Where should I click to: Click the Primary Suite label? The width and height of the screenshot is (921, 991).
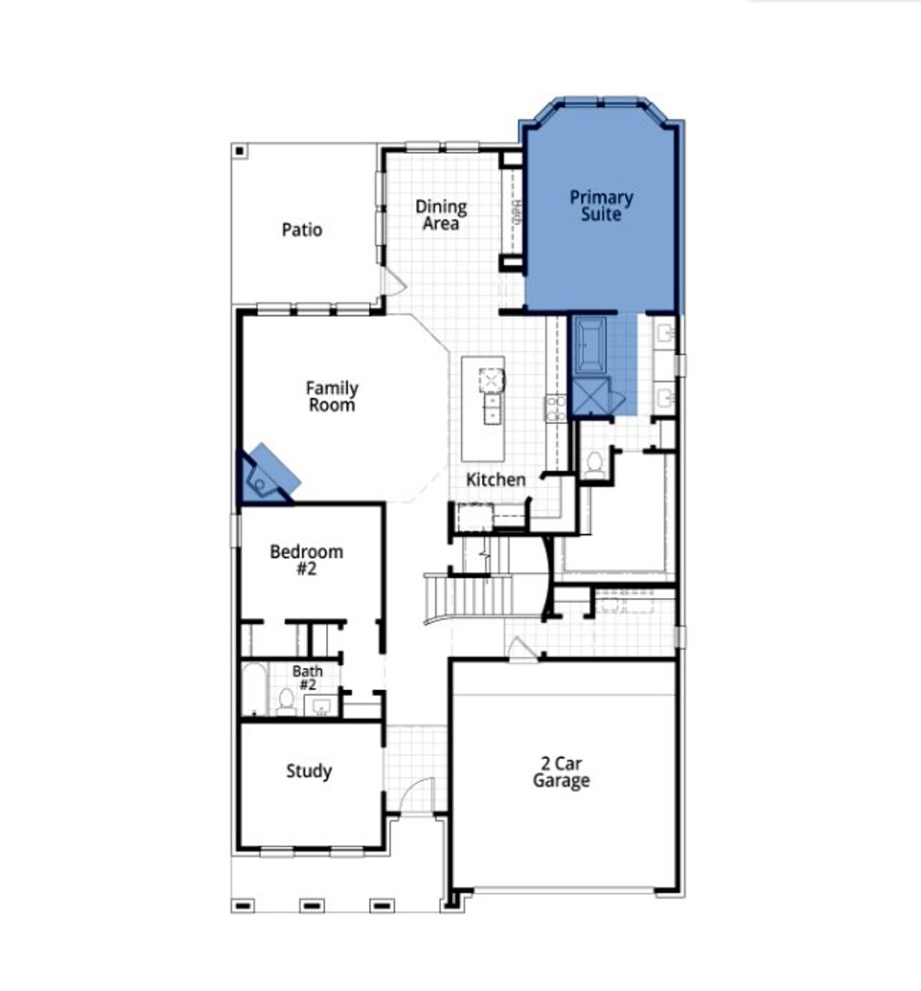coord(601,206)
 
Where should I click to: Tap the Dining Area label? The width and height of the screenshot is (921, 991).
coord(440,215)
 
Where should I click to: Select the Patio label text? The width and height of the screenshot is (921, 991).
coord(301,230)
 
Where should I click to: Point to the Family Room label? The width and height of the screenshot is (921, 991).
coord(332,397)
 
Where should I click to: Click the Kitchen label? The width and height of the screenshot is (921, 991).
coord(495,480)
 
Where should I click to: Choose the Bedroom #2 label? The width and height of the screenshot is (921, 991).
coord(307,560)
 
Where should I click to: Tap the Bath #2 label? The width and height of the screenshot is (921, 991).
coord(307,678)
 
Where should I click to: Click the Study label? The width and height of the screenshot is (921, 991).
coord(309,771)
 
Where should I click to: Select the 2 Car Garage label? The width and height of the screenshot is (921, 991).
coord(561,772)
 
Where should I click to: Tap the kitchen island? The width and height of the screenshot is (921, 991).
coord(484,409)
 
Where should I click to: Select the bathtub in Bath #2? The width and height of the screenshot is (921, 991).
coord(253,689)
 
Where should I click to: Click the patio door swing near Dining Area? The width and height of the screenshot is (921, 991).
coord(393,282)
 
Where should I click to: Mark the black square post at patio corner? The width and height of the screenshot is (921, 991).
coord(240,151)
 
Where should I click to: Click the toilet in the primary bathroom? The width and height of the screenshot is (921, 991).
coord(595,465)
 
